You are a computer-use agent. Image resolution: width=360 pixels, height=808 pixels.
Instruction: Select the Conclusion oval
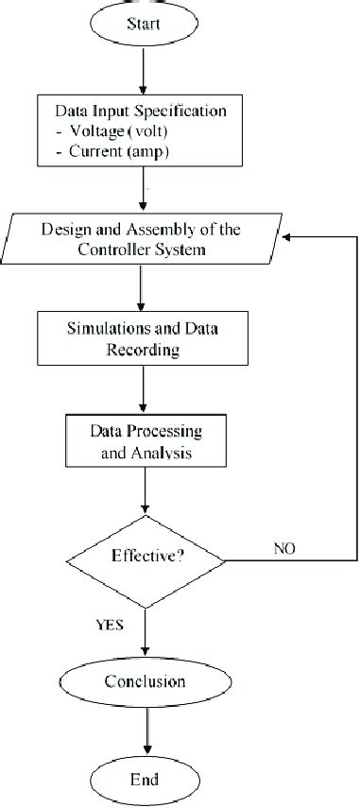coord(145,681)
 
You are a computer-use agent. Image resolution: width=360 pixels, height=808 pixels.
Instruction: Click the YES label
coord(108,625)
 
